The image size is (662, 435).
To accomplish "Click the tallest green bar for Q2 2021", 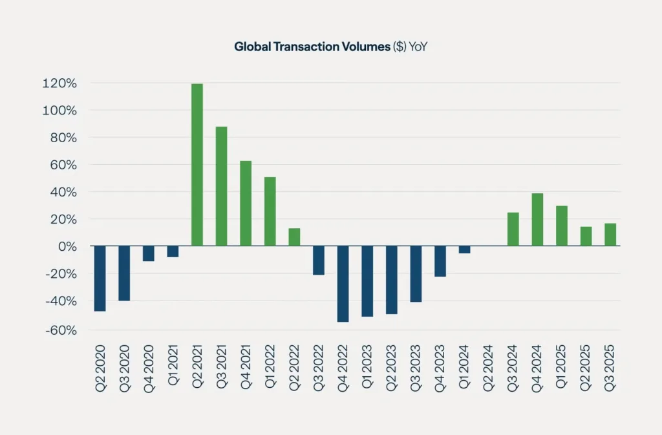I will coord(197,165).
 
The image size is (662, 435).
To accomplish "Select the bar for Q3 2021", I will coord(221,186).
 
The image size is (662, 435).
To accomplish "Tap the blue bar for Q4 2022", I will coord(343,284).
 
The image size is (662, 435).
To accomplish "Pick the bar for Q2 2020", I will coord(99,279).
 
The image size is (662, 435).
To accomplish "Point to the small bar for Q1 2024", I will coord(464,249).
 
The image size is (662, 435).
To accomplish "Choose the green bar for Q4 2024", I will coord(537,220).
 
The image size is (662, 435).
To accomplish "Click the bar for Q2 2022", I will coord(294,237).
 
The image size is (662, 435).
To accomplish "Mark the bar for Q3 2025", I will coord(610,235).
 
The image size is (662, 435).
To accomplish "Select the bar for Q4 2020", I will coord(148,253).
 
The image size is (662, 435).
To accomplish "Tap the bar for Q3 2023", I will coord(416,274).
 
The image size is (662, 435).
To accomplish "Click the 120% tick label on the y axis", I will coord(60,83).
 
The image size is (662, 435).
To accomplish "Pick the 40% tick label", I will coord(63,192).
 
